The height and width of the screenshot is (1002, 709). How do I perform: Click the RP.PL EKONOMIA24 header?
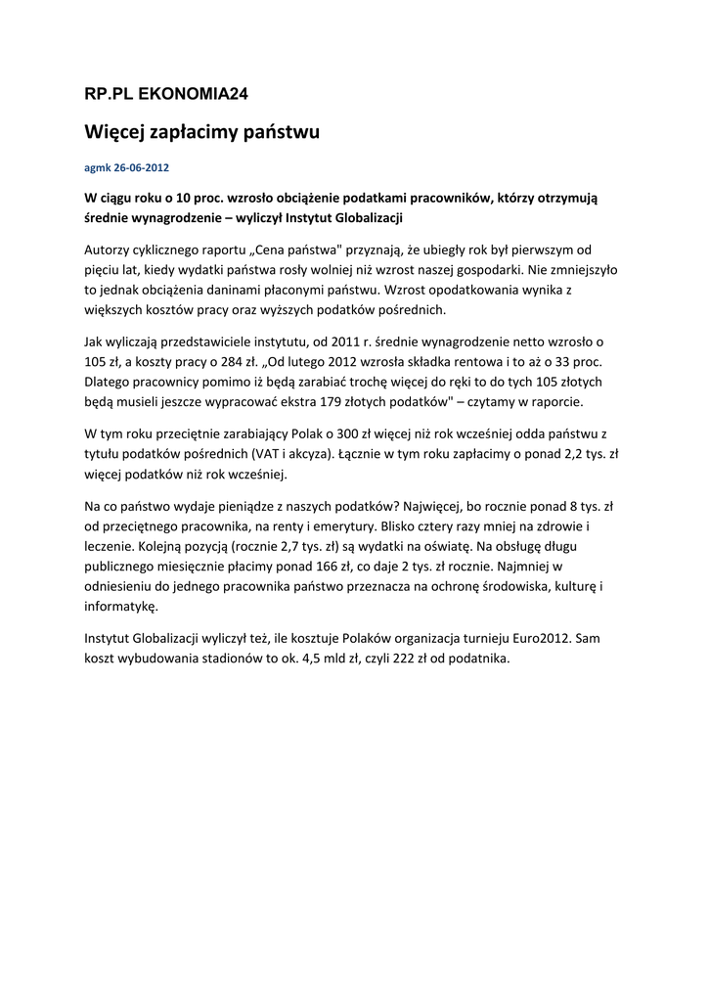click(x=167, y=94)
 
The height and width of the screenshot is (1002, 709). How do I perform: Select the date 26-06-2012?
click(x=141, y=167)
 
